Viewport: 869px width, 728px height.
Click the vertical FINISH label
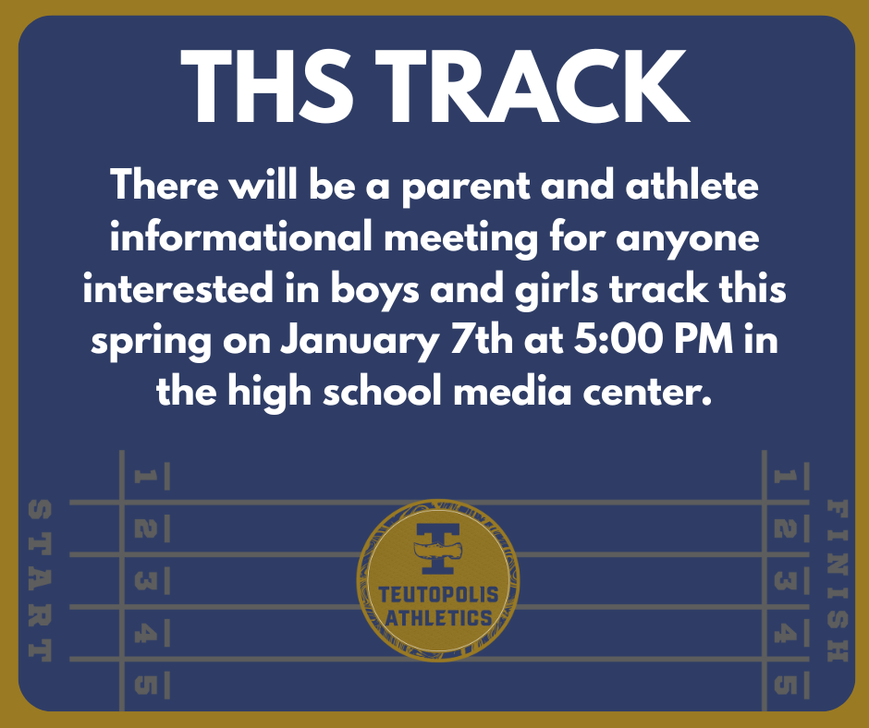tap(836, 580)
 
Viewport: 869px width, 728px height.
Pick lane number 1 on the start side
tap(145, 477)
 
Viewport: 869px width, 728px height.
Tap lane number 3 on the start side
tap(145, 581)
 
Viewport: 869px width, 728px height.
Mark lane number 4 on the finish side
tap(784, 634)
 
